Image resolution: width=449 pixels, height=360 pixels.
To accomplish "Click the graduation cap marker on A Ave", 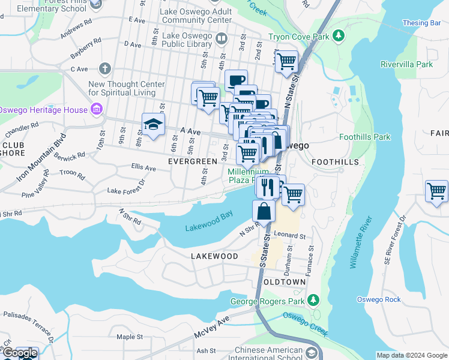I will click(153, 125).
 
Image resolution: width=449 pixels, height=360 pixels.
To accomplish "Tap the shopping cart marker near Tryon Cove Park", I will click(287, 61).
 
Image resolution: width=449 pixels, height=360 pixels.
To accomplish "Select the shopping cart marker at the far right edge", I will click(437, 191).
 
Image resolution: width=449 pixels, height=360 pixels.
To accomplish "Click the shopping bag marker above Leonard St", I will click(264, 211).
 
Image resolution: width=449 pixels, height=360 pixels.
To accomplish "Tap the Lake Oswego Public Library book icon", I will click(221, 40).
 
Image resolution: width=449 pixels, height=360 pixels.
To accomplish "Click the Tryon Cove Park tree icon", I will click(339, 37).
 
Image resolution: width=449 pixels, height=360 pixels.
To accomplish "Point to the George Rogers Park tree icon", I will click(312, 299).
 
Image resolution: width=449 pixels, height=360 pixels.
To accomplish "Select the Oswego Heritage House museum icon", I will click(95, 109).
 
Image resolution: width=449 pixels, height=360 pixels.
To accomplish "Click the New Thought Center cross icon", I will click(106, 68).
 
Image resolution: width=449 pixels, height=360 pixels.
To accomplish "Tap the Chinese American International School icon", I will click(311, 353).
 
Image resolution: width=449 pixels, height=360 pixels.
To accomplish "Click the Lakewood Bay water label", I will click(209, 227).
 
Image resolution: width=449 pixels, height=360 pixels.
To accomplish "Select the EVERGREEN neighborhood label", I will click(192, 161).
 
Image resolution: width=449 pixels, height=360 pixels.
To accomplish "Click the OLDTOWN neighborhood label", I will click(285, 281).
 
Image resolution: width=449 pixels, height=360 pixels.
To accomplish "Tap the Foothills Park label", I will click(364, 137).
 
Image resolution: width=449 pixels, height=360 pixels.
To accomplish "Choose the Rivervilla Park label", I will click(406, 64).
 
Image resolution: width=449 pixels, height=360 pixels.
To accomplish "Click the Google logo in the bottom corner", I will click(20, 353).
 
